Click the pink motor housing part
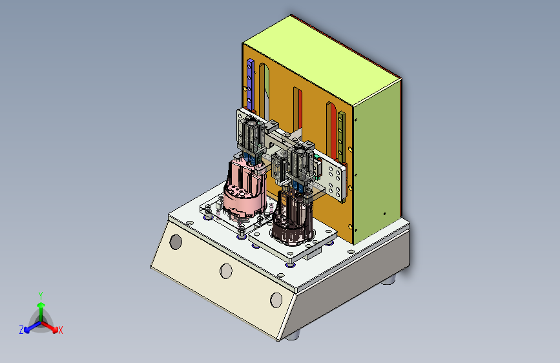coord(245,189)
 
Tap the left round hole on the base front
coord(176,242)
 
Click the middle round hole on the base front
coord(226,271)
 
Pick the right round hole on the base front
coord(276,300)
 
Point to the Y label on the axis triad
coord(41,296)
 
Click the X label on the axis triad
coord(60,330)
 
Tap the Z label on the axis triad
coord(21,330)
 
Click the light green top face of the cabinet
coord(322,61)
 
